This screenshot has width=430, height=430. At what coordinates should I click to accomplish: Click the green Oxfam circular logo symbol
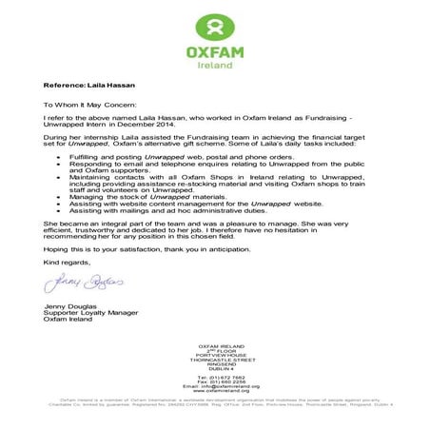pos(214,26)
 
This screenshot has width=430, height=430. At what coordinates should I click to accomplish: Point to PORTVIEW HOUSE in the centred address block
pos(214,353)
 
